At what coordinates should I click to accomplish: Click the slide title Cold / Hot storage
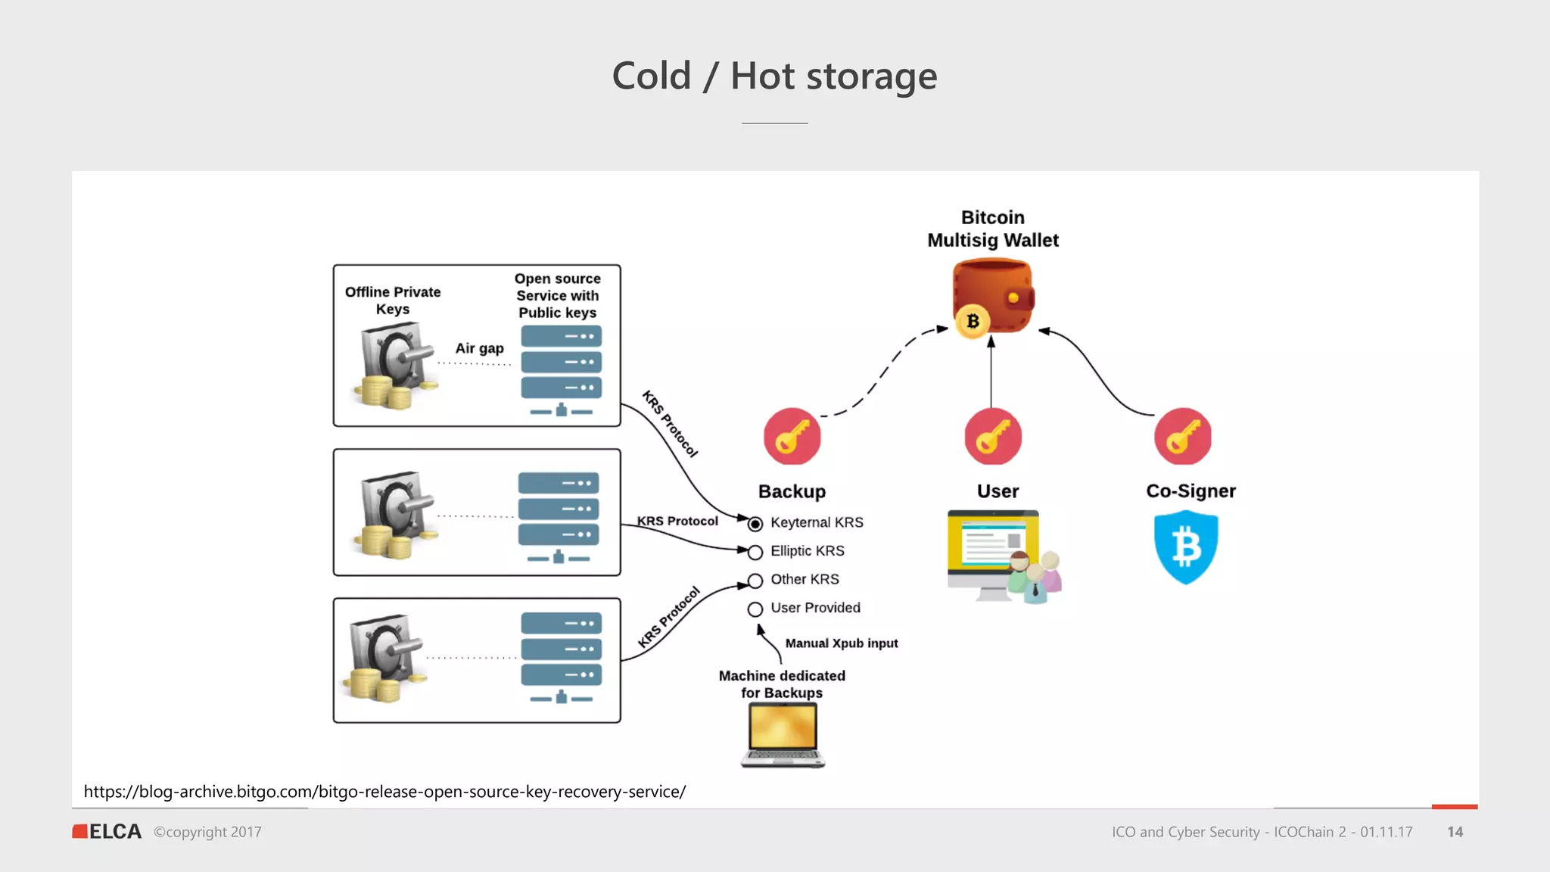click(x=774, y=76)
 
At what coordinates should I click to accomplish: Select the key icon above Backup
click(x=792, y=437)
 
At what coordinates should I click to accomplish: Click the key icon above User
click(x=992, y=437)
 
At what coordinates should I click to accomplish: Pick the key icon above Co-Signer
click(x=1182, y=437)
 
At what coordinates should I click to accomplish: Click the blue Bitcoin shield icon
click(x=1185, y=547)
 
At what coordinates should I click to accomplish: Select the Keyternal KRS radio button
click(x=755, y=524)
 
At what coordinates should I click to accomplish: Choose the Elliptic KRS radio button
click(x=755, y=553)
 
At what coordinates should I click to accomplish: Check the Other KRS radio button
click(x=755, y=581)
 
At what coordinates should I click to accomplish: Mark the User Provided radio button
click(x=755, y=609)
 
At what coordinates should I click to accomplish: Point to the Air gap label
click(x=479, y=348)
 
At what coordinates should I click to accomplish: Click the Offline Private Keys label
click(x=392, y=301)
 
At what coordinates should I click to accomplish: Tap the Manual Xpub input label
click(x=841, y=643)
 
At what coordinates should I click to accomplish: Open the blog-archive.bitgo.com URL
click(x=384, y=792)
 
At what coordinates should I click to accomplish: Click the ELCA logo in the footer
click(x=107, y=832)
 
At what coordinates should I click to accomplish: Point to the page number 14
click(x=1455, y=832)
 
